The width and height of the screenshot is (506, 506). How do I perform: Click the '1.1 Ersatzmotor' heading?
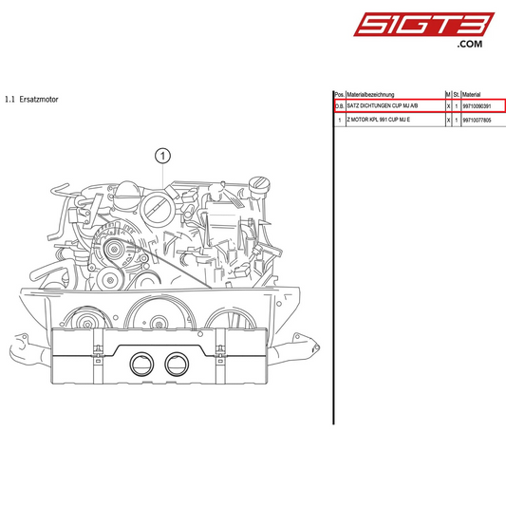tap(31, 98)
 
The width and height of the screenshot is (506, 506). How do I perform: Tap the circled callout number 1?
tap(164, 154)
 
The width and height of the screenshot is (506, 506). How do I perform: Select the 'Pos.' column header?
tap(339, 95)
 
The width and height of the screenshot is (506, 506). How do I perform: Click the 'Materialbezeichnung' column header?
tap(377, 95)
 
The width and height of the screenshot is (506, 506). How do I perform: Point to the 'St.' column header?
tap(456, 95)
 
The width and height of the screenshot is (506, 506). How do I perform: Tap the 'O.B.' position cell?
tap(339, 107)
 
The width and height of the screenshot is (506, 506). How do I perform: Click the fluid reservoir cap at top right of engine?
tap(258, 182)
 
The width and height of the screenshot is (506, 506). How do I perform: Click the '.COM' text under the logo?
tap(470, 44)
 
